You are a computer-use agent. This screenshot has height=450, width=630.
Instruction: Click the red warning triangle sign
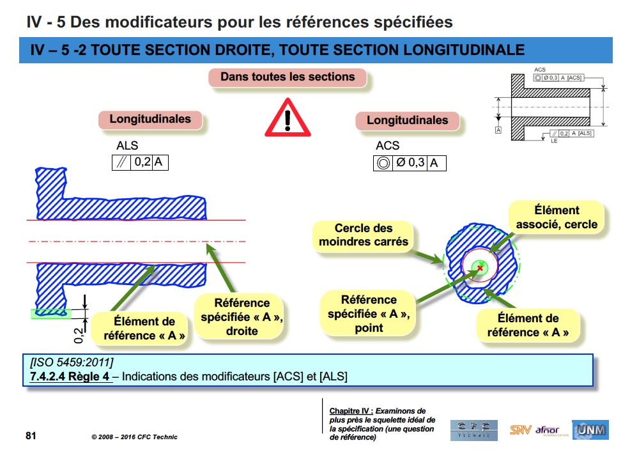pos(288,119)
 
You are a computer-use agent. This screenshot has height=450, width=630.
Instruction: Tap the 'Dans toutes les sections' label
pos(288,77)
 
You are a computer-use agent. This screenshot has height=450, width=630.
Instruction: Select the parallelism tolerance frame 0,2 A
pos(139,162)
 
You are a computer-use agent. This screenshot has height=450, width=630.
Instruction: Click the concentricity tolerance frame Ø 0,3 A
pos(409,163)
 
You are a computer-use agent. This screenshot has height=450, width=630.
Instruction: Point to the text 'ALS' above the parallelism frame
pos(127,146)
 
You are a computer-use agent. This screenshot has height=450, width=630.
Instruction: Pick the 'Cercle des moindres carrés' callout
pos(364,235)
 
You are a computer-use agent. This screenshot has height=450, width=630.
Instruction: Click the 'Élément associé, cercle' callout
pos(556,217)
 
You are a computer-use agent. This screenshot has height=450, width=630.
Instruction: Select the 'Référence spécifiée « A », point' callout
pos(369,313)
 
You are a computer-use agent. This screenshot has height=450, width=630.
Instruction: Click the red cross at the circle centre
pos(480,268)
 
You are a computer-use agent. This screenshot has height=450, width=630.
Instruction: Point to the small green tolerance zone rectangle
pos(48,314)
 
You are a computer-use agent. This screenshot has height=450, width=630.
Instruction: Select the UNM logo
pos(590,430)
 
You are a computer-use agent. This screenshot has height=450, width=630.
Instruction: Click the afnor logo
pos(548,430)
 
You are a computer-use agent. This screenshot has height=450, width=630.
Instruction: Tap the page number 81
pos(31,436)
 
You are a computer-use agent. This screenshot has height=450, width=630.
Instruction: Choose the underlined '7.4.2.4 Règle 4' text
pos(70,376)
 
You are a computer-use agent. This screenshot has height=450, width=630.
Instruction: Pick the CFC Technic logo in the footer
pos(473,430)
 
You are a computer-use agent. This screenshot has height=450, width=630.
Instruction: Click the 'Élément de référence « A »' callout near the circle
pos(527,325)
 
